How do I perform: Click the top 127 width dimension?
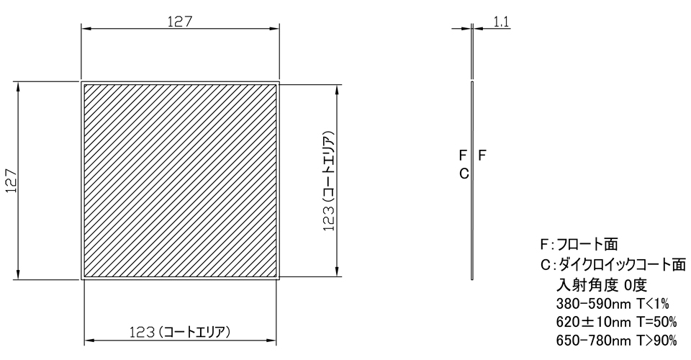coord(179,21)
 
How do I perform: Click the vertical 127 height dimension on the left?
coord(9,180)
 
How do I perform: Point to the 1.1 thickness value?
coord(502,22)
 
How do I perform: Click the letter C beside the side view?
coord(464,173)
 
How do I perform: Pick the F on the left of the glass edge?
coord(463,154)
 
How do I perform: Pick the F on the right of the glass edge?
coord(482,154)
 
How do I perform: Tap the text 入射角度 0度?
coord(602,283)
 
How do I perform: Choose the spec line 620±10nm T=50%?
coord(616,321)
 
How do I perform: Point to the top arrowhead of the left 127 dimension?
coord(17,86)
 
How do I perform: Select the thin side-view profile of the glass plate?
coord(471,180)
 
